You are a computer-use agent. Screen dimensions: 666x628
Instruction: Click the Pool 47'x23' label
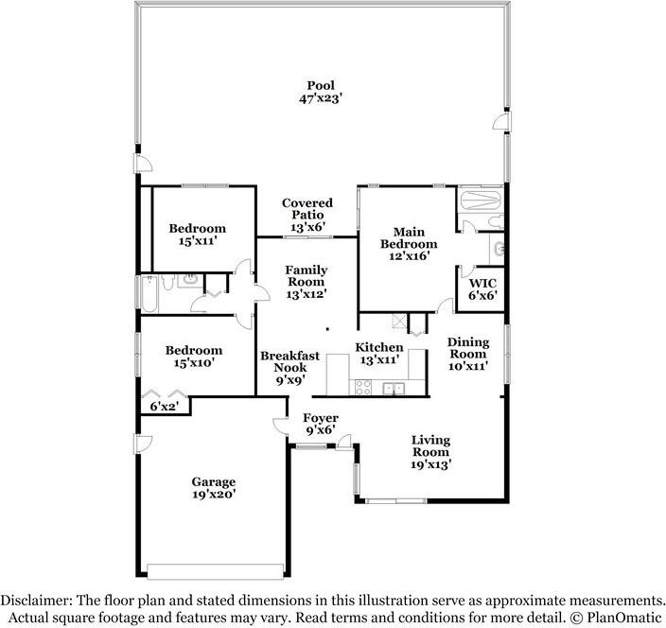coord(321,92)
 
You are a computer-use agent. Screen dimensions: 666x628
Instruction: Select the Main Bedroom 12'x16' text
coord(409,244)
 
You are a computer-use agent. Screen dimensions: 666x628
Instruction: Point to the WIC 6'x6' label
coord(482,289)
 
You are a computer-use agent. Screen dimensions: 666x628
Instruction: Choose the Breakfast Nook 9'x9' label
coord(290,368)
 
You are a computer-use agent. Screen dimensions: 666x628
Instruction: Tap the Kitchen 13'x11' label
coord(379,354)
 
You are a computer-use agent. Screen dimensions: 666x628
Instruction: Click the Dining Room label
coord(468,354)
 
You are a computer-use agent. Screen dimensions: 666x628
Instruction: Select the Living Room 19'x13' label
coord(430,452)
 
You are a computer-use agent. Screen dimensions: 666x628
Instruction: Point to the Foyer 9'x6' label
coord(321,425)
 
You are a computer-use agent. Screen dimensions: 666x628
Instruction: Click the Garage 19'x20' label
coord(213,488)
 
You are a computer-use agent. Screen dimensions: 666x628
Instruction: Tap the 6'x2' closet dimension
coord(164,407)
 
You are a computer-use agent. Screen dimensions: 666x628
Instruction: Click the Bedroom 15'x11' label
coord(198,235)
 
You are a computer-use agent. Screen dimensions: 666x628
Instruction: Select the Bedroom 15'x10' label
coord(194,357)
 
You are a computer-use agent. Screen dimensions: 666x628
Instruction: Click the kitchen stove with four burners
coord(363,387)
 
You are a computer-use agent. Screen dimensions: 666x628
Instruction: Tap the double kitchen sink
coord(394,388)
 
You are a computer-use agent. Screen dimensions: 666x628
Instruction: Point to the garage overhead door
coord(215,571)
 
